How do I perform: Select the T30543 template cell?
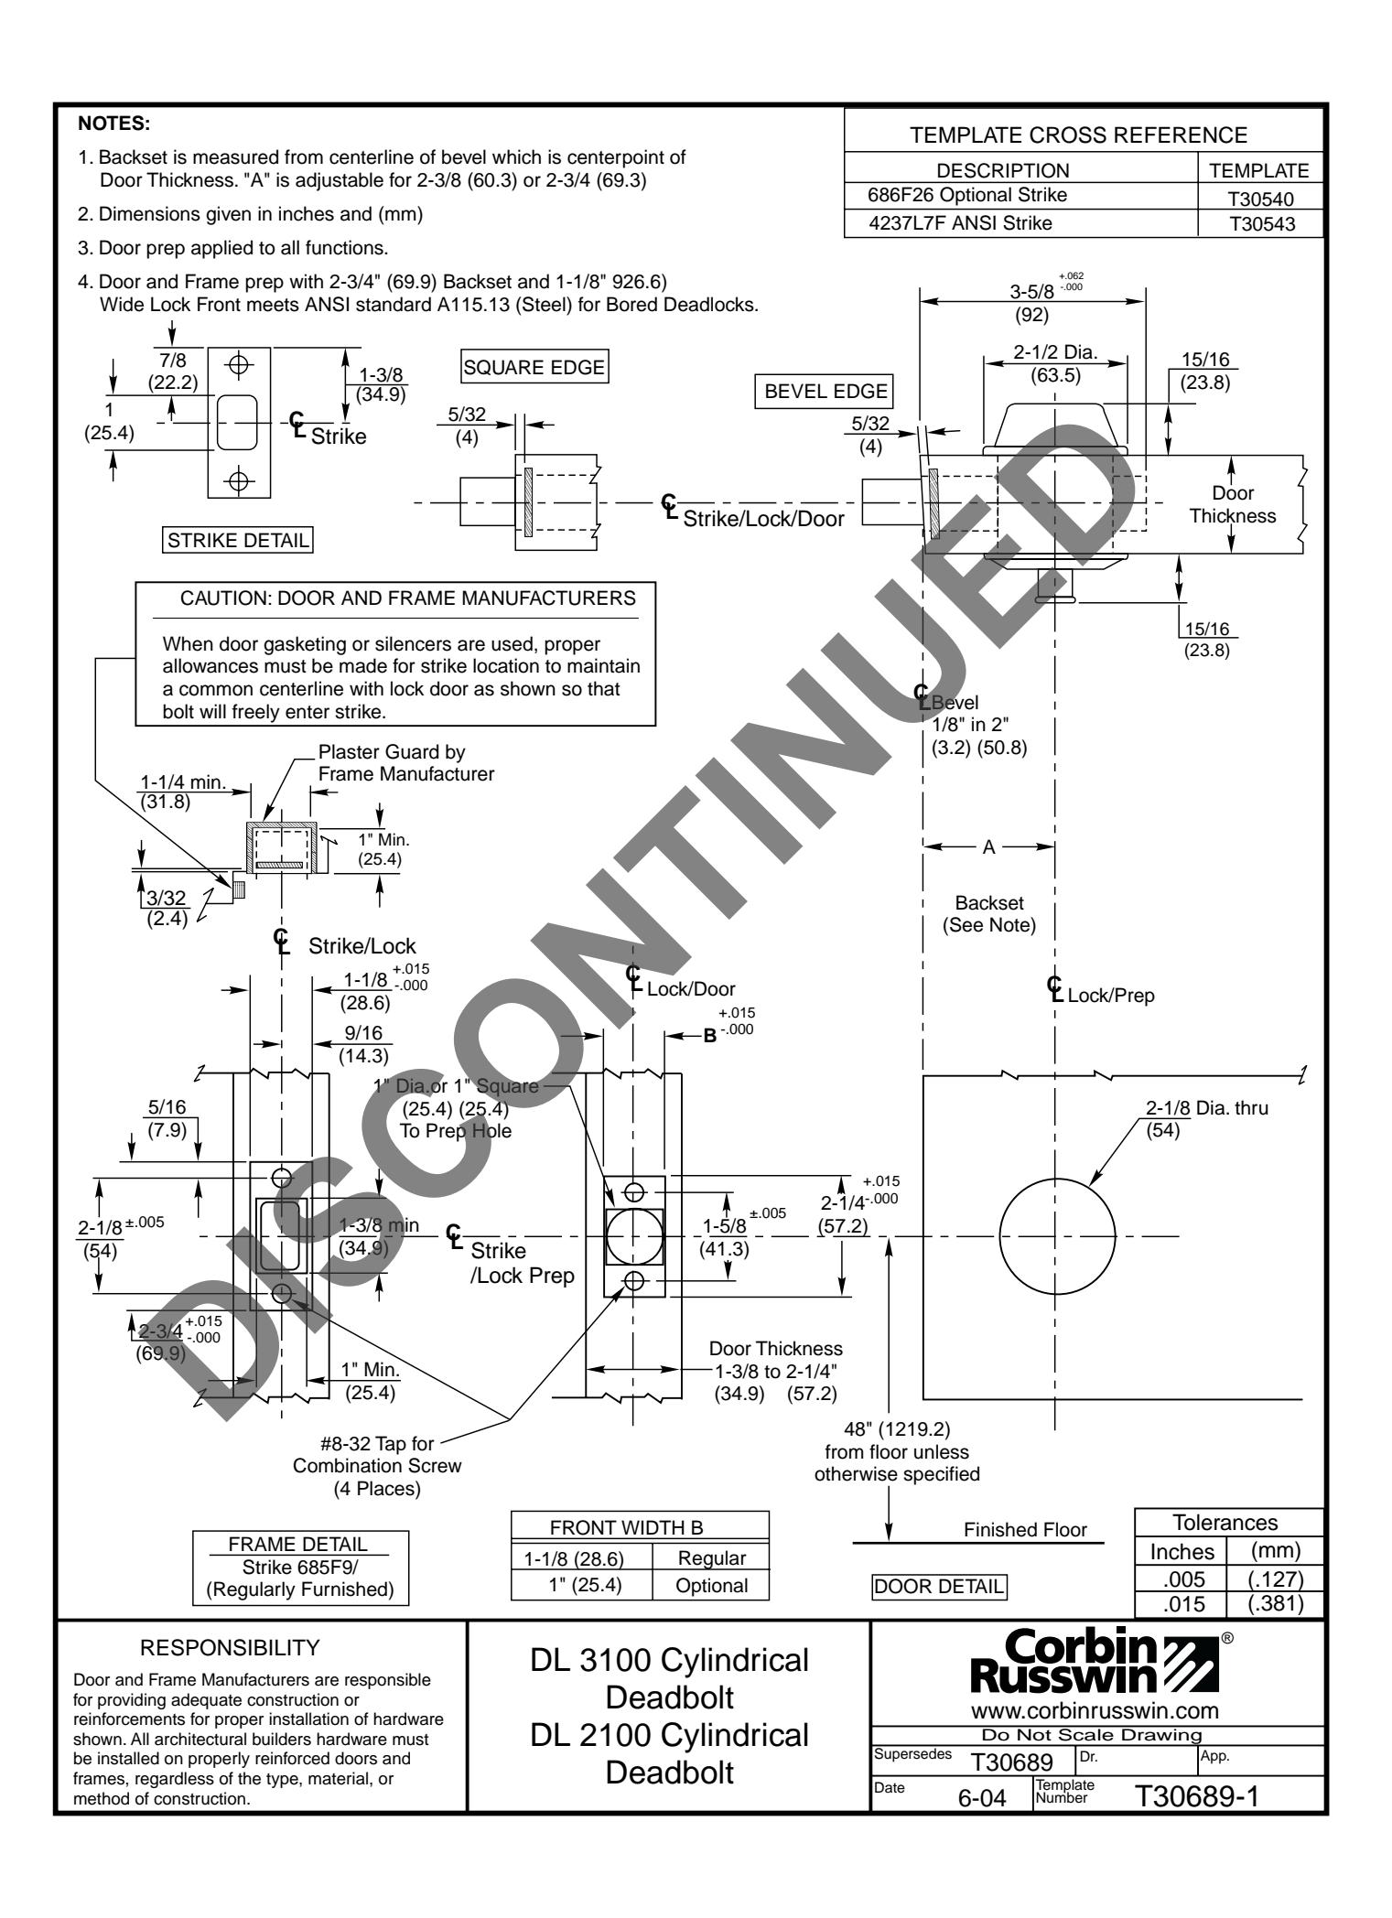(1262, 223)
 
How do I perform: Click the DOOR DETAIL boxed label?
(939, 1584)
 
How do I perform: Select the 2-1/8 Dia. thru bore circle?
(1057, 1237)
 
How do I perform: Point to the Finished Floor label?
(1025, 1529)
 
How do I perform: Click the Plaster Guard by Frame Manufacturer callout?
(405, 762)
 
